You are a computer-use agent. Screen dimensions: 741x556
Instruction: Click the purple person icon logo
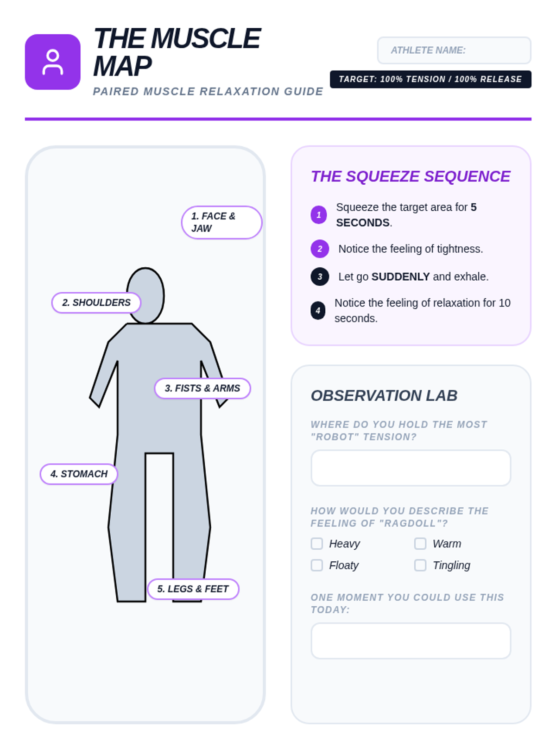pyautogui.click(x=52, y=62)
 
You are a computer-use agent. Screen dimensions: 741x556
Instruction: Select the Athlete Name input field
pyautogui.click(x=454, y=50)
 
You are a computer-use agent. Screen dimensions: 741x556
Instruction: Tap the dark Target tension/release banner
pyautogui.click(x=430, y=79)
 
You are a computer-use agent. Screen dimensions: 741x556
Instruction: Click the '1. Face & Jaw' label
pyautogui.click(x=221, y=222)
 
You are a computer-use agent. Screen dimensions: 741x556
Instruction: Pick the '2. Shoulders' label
pyautogui.click(x=96, y=303)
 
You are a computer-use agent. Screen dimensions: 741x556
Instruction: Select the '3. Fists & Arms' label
pyautogui.click(x=202, y=388)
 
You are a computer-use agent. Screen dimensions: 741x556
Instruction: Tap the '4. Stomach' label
pyautogui.click(x=79, y=474)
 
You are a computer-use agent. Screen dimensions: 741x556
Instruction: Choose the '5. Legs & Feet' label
pyautogui.click(x=193, y=589)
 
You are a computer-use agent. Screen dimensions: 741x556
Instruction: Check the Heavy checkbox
pyautogui.click(x=317, y=544)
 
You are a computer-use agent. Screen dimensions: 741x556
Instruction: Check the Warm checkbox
pyautogui.click(x=420, y=544)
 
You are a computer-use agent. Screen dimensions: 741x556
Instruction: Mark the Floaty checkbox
pyautogui.click(x=317, y=565)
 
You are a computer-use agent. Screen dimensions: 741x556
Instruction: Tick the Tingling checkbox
pyautogui.click(x=420, y=565)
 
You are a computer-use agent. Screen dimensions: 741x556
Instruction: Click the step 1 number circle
pyautogui.click(x=319, y=215)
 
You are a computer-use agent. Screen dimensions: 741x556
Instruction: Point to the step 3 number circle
pyautogui.click(x=320, y=276)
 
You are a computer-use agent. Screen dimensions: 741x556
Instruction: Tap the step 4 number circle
pyautogui.click(x=318, y=310)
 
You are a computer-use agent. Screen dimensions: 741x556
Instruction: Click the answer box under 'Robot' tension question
pyautogui.click(x=411, y=468)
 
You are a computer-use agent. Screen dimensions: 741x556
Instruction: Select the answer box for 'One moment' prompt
pyautogui.click(x=411, y=641)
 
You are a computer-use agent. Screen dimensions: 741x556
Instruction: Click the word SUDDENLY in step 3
pyautogui.click(x=400, y=276)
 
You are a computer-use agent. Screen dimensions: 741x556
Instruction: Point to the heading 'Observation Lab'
pyautogui.click(x=384, y=396)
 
